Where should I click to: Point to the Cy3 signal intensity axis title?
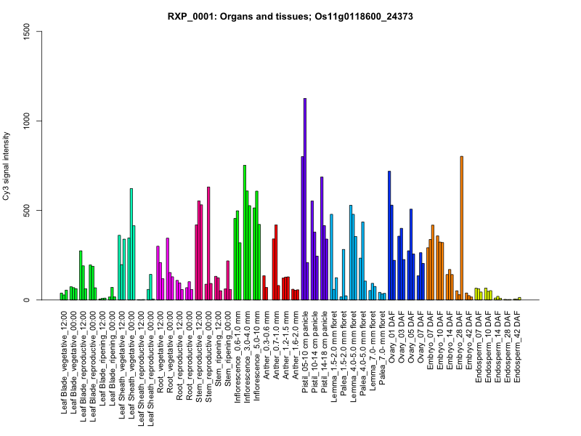(x=7, y=166)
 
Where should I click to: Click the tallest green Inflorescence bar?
(x=245, y=233)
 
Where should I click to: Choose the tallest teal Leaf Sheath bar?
(x=131, y=244)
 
